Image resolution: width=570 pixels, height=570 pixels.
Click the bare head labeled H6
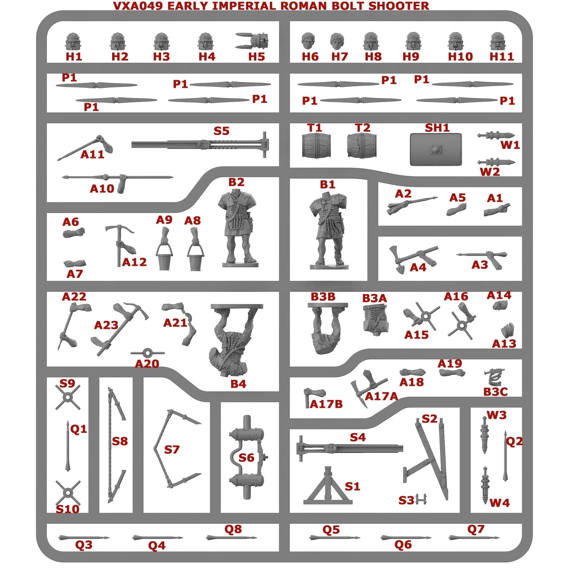click(308, 41)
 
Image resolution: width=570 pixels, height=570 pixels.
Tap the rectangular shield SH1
click(436, 150)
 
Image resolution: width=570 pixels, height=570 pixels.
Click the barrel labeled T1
click(316, 146)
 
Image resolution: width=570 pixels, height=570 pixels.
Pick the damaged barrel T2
click(361, 146)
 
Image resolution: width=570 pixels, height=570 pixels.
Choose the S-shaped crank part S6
click(246, 457)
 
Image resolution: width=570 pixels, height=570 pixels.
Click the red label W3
click(496, 415)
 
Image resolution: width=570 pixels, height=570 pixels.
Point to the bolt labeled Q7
click(474, 537)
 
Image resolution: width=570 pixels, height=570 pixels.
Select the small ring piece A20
click(147, 353)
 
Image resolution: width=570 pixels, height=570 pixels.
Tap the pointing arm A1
click(496, 210)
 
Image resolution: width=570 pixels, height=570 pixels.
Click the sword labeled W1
click(496, 135)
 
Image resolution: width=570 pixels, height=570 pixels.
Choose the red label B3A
click(374, 298)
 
